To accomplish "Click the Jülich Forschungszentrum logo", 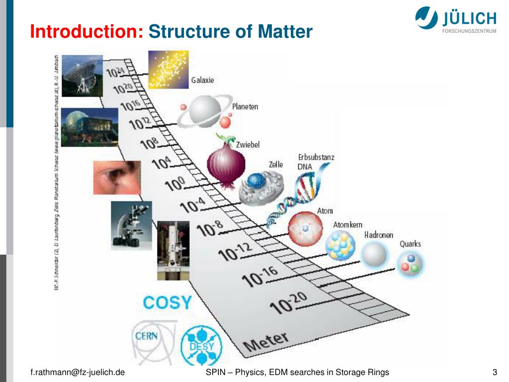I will (x=455, y=21).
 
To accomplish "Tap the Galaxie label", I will (x=203, y=80).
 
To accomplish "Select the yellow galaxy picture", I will (x=169, y=70).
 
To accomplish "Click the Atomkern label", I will (x=347, y=225).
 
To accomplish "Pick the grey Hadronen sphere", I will (x=374, y=255).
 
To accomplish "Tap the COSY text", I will (x=167, y=302).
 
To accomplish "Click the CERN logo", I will (x=147, y=336).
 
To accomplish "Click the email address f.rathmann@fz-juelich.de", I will (x=77, y=373).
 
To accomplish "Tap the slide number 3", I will (x=495, y=373).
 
